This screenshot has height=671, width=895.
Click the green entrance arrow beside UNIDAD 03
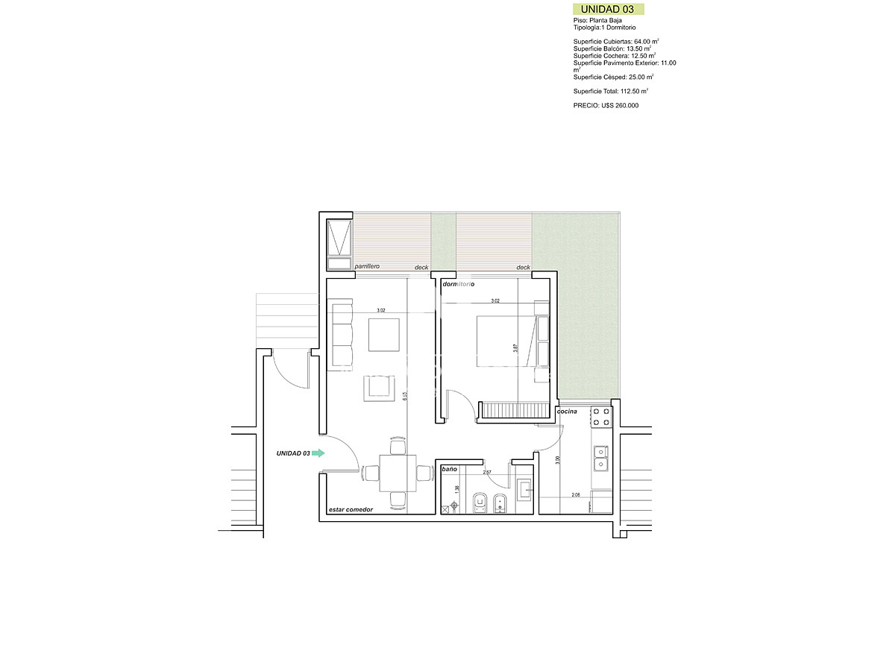[318, 453]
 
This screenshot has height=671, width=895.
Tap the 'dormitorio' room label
[459, 285]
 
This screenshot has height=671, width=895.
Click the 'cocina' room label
[567, 412]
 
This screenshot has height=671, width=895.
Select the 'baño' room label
[449, 469]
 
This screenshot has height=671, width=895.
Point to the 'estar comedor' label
[351, 510]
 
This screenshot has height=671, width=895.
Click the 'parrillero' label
[368, 266]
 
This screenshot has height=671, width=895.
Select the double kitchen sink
[600, 459]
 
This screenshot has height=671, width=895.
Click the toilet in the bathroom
[481, 503]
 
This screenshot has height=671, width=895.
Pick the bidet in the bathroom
[501, 503]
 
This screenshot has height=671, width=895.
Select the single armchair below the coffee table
[380, 388]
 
